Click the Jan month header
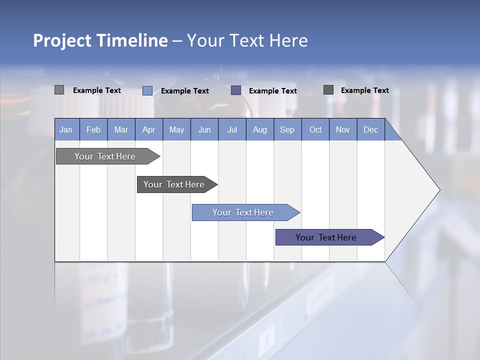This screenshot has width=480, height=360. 66,129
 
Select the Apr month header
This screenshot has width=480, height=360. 148,129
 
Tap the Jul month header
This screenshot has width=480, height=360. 232,129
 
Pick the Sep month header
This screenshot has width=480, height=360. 287,129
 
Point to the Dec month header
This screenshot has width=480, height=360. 370,129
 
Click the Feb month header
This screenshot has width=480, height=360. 93,129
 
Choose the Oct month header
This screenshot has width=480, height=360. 315,129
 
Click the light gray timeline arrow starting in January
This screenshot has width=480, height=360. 105,156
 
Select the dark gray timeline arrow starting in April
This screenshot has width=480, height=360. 174,184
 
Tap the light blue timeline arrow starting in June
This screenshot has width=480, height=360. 243,212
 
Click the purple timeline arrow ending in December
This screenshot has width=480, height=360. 326,237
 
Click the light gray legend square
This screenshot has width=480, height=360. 59,90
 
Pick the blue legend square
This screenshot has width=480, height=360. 147,90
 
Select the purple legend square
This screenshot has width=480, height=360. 236,90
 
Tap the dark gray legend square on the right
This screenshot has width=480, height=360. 328,90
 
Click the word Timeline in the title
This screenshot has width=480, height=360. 131,40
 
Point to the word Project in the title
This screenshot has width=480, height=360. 62,40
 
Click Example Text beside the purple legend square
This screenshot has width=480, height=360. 272,91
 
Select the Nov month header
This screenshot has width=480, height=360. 343,129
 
